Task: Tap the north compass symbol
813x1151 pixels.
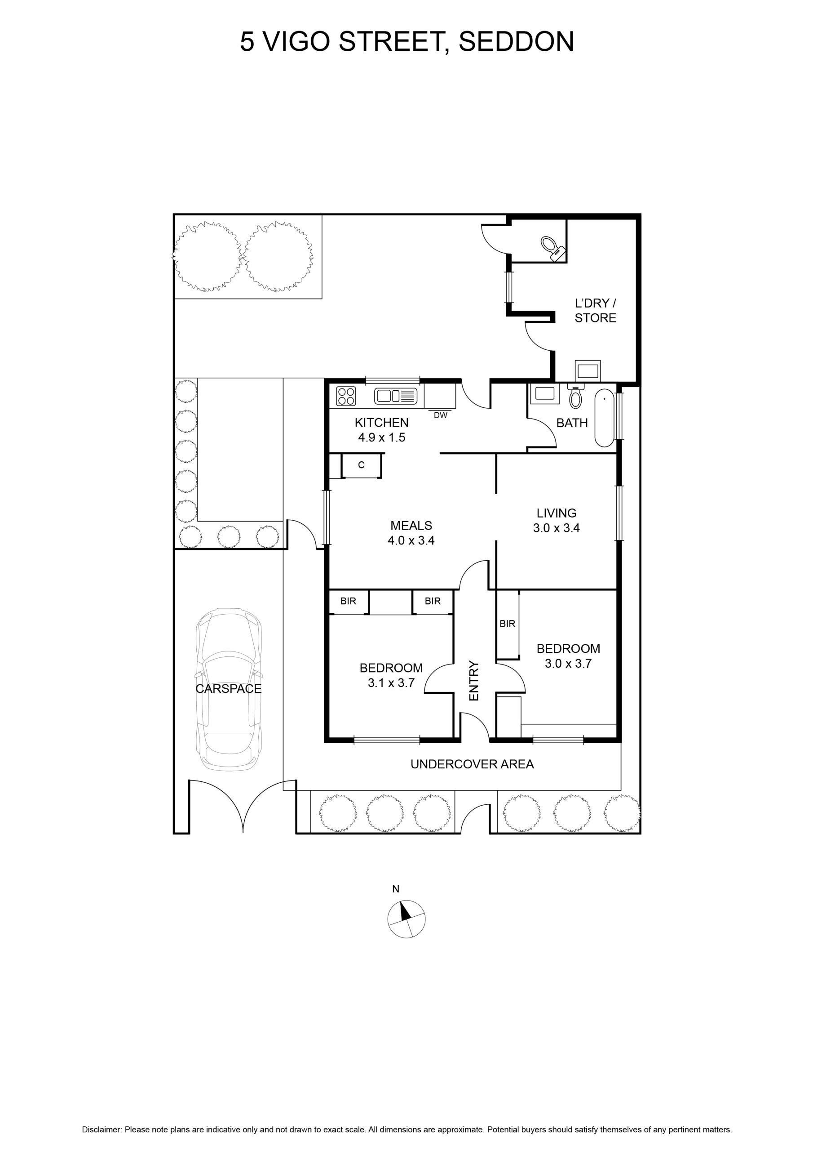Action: point(406,919)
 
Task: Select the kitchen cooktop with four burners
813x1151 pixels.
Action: point(346,396)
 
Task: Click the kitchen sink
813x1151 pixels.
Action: point(395,396)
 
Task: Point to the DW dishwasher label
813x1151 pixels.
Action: point(440,415)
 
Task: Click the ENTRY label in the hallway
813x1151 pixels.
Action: point(474,680)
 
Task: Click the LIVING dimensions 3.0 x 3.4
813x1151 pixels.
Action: point(556,528)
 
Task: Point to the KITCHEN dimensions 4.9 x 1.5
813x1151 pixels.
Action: point(381,437)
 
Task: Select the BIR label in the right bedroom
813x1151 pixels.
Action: point(507,624)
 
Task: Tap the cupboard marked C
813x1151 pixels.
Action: point(361,465)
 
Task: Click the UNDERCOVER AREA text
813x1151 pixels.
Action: point(472,764)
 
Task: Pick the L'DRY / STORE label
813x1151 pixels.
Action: point(595,310)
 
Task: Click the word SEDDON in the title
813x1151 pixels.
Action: point(516,42)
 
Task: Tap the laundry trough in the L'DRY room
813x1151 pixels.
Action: point(588,371)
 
